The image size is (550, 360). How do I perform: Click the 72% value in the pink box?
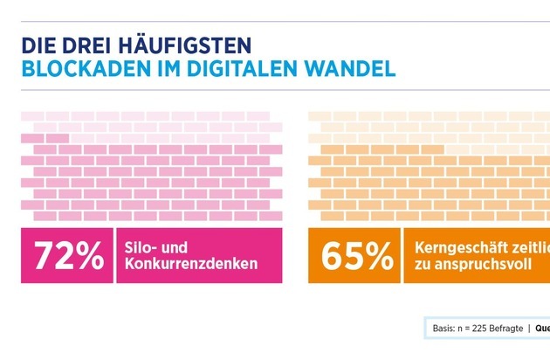[68, 255]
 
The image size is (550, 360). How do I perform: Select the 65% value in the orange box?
[355, 255]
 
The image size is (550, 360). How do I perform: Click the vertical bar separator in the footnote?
[528, 329]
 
